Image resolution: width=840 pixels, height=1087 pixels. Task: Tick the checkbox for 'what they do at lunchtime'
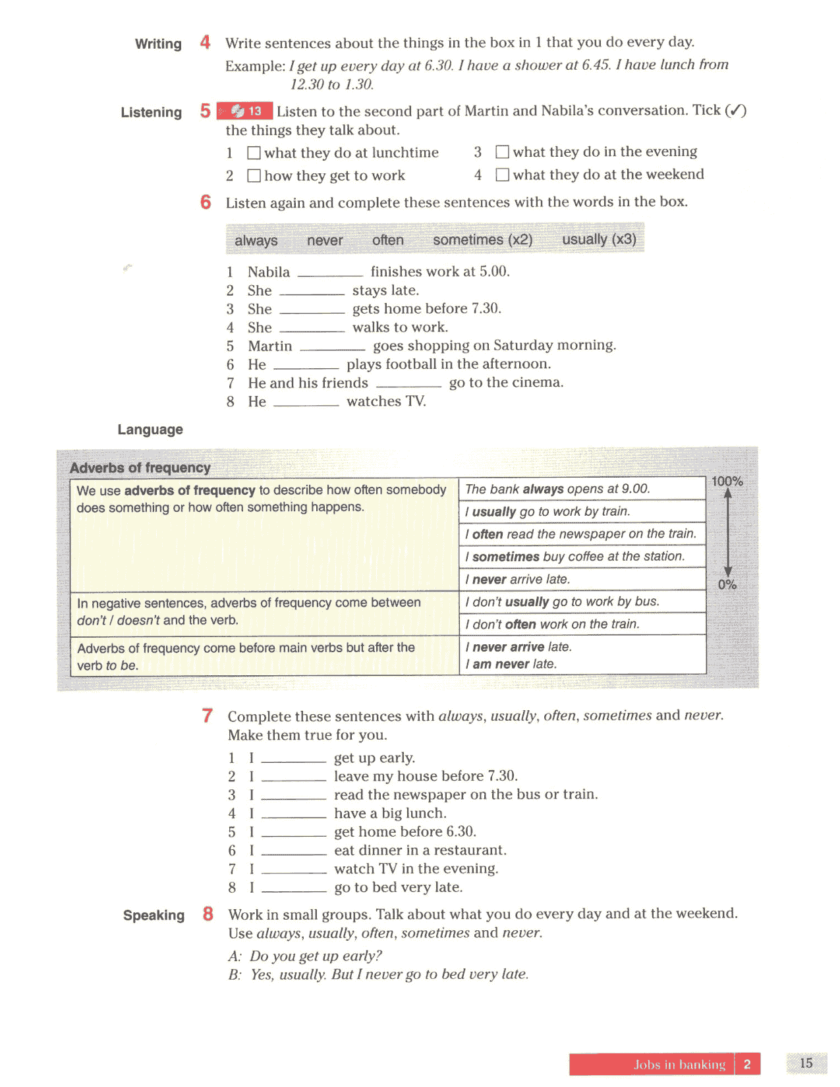tap(254, 153)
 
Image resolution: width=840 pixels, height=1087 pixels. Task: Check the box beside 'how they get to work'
tap(254, 176)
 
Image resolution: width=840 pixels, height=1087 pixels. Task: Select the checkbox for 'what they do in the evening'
tap(502, 152)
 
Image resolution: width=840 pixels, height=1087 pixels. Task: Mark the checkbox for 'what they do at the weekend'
tap(502, 175)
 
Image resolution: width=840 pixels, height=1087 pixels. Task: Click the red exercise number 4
tap(206, 43)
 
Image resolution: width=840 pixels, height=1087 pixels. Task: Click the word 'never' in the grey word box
tap(324, 240)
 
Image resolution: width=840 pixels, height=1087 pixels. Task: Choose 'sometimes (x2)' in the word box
tap(482, 240)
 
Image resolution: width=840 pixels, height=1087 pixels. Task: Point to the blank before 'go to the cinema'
tap(408, 384)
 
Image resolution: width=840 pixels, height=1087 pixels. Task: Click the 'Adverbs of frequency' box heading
tap(140, 468)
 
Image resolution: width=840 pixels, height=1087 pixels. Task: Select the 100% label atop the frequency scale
tap(727, 482)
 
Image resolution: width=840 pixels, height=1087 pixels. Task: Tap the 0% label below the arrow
tap(727, 584)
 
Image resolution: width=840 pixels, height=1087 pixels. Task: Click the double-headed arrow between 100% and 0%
tap(727, 534)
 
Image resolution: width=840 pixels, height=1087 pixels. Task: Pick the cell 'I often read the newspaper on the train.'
tap(581, 534)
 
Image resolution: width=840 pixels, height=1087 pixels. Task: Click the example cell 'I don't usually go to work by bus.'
tap(562, 601)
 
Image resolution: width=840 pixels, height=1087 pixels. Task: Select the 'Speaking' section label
tap(154, 915)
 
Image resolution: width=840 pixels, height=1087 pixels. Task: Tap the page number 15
tap(806, 1063)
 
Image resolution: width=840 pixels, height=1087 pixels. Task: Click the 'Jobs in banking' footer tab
tap(679, 1065)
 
